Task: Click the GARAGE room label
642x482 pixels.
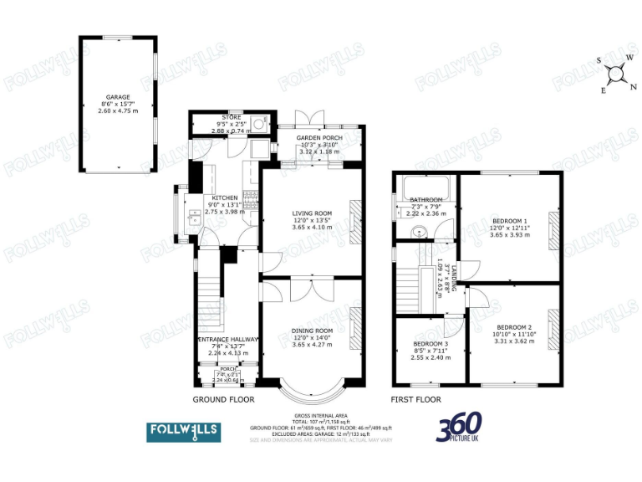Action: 118,97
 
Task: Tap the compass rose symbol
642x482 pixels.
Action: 617,73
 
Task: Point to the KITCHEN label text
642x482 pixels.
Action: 223,197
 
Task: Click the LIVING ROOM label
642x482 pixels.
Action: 311,213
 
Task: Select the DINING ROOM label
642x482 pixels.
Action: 311,331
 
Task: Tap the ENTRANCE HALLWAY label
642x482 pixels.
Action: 227,339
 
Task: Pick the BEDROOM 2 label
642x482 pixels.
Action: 513,327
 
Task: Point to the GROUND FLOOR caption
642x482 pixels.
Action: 223,400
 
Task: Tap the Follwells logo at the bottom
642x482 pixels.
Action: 184,432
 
